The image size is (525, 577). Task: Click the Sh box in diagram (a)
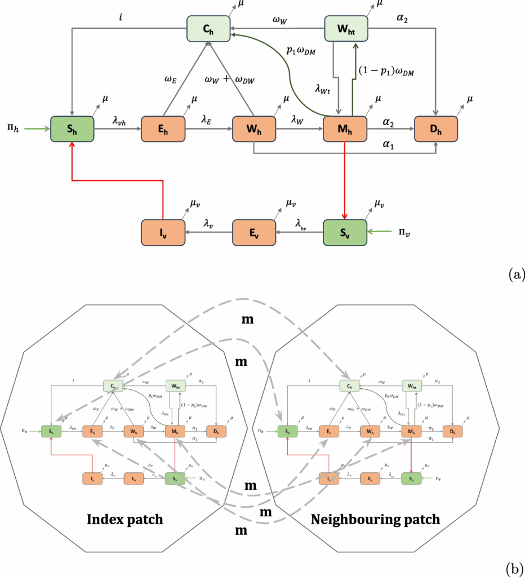tap(72, 128)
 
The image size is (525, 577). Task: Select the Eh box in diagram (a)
tap(163, 128)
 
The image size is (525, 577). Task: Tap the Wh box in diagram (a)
tap(254, 128)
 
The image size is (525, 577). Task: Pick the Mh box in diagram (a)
tap(345, 128)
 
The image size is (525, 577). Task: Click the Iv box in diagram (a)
tap(163, 232)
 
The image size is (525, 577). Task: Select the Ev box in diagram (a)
tap(254, 232)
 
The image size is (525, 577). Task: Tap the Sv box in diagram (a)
tap(345, 232)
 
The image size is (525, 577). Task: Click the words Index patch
tap(124, 519)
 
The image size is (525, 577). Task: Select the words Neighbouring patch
tap(375, 519)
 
